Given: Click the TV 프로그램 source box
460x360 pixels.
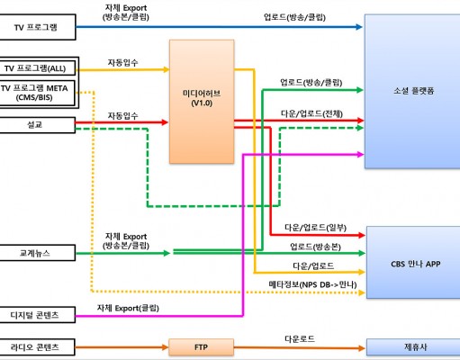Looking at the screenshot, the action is pos(37,27).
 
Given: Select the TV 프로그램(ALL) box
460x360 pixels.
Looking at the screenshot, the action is pos(37,68).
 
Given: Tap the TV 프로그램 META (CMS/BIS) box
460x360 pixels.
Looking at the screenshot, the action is pos(37,93).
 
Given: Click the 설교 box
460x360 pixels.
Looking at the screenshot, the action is pos(37,125).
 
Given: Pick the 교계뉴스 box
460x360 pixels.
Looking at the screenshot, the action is pos(37,253).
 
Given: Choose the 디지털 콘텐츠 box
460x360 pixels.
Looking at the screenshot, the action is pos(37,315).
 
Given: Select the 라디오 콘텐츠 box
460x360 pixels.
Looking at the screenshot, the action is pos(37,347).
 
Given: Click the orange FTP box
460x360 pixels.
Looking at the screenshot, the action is pos(201,347).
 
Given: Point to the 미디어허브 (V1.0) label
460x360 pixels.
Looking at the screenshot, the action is pos(202,98).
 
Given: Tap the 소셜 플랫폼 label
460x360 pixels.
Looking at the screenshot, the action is pos(414,91).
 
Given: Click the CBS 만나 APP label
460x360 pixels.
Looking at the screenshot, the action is pos(416,264).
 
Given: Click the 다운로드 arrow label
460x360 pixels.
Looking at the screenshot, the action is pos(300,339).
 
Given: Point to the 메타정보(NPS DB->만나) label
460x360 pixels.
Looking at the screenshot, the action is pos(312,284).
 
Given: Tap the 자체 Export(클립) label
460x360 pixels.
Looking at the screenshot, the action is pos(128,308).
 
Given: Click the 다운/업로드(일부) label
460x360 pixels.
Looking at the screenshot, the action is pos(315,228).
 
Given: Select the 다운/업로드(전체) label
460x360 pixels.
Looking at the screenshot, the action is pos(311,113).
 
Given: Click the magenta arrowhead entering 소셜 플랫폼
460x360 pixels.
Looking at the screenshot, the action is pos(360,155).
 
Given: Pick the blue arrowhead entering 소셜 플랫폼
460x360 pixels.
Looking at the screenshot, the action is pos(359,27).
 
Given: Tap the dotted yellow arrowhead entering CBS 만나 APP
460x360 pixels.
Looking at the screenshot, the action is pos(362,292).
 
